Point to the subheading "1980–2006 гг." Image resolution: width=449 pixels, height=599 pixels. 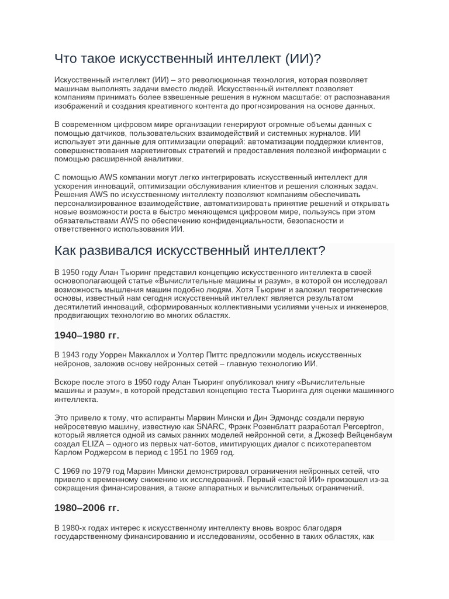87,508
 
